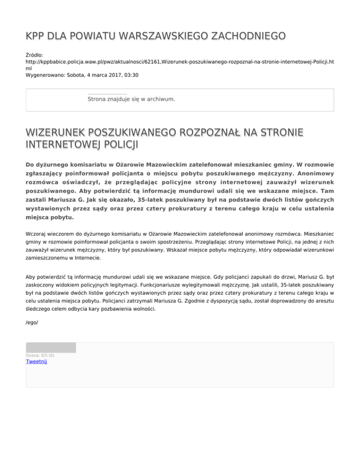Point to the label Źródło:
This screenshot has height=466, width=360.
(36, 55)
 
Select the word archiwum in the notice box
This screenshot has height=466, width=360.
(161, 99)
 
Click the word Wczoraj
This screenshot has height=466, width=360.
(37, 232)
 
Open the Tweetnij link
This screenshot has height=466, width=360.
(37, 361)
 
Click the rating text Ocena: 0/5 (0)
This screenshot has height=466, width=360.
(40, 355)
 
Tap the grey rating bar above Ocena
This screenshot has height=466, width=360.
(51, 347)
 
